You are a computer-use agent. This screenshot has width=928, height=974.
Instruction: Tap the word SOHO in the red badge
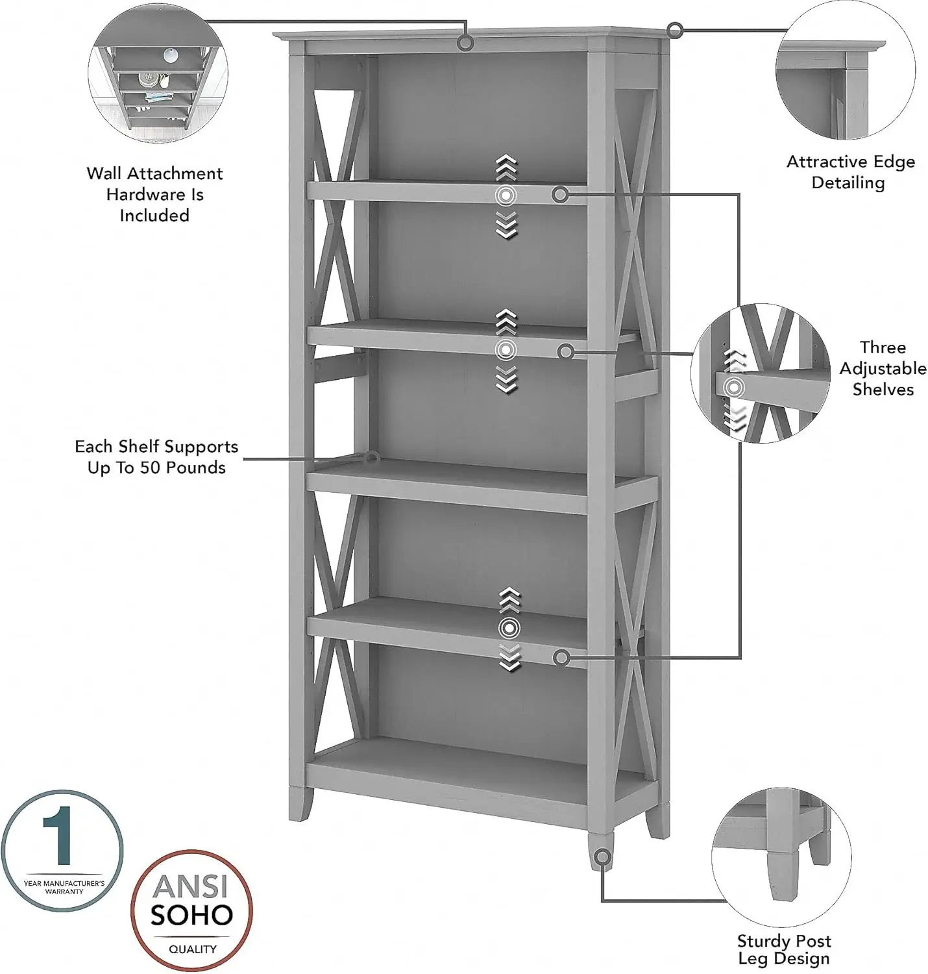(x=191, y=915)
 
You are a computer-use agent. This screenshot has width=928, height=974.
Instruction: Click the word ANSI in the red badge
(x=191, y=886)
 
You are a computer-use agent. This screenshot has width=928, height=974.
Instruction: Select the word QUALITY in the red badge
(x=192, y=949)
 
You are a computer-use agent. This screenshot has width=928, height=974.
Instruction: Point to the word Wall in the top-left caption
(x=104, y=173)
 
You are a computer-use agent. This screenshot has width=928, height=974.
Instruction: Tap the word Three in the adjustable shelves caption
(x=883, y=347)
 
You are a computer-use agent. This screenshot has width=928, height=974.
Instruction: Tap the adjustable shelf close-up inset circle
(x=760, y=373)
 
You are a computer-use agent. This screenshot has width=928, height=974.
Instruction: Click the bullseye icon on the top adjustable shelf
(x=506, y=195)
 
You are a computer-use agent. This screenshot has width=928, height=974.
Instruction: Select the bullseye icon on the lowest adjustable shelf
(x=509, y=628)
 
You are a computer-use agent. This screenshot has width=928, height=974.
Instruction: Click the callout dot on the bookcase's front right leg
(x=602, y=857)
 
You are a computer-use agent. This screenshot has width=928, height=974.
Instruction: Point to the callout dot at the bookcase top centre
(x=465, y=43)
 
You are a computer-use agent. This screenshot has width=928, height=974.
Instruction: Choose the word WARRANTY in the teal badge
(x=64, y=892)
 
